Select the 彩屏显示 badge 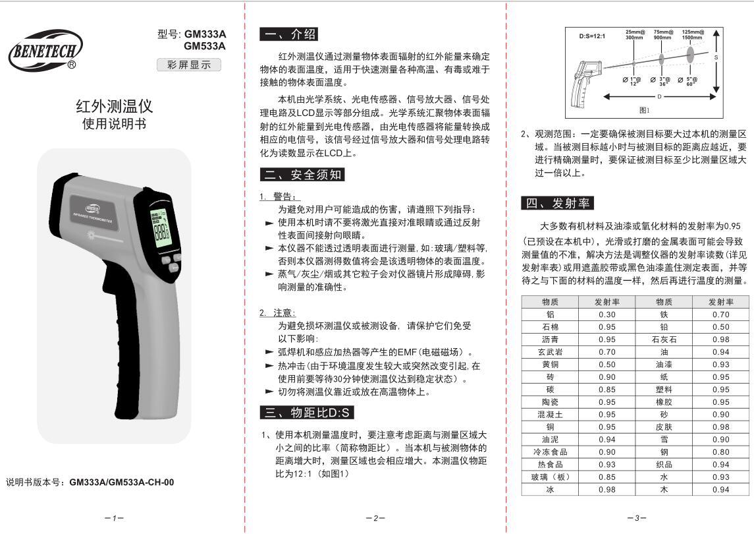(x=189, y=65)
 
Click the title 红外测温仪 (x=115, y=105)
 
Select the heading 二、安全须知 (x=303, y=174)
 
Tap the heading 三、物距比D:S (x=308, y=413)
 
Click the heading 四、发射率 (x=557, y=203)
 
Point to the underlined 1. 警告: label (x=279, y=196)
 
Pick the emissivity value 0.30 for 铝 (x=606, y=314)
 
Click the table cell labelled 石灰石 (x=664, y=339)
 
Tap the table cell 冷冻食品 (x=550, y=452)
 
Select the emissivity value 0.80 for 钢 (x=720, y=452)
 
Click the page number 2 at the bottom (x=375, y=518)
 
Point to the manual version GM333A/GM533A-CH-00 (x=122, y=482)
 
